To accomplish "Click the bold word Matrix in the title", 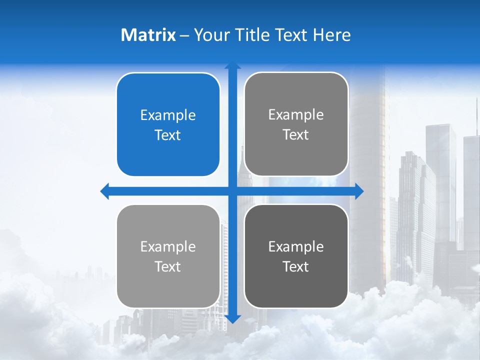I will tap(148, 35).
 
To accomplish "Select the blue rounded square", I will tap(168, 124).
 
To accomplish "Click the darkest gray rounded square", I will tap(296, 256).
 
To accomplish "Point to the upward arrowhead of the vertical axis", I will tap(232, 66).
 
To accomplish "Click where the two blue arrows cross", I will tap(232, 191).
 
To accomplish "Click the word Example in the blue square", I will tap(168, 115).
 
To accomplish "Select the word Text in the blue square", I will tap(168, 135).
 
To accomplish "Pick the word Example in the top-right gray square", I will tap(296, 114).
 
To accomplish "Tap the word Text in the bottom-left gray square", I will tap(168, 266).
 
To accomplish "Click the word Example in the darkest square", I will tap(296, 246).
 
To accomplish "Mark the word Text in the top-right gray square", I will tap(296, 134).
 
